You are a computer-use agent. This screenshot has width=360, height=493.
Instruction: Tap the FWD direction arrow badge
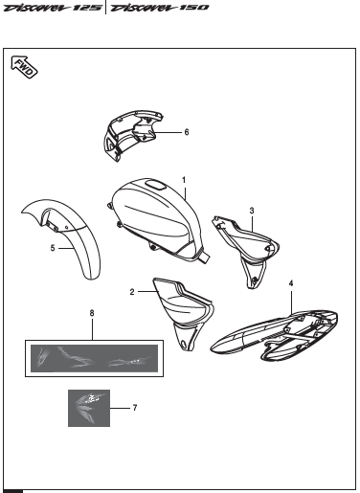[24, 67]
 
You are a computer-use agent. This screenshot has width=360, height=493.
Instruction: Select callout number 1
[182, 179]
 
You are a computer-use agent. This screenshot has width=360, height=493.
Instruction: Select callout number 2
[132, 291]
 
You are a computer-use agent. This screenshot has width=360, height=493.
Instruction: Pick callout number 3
[251, 210]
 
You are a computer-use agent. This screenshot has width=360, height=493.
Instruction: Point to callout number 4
[291, 282]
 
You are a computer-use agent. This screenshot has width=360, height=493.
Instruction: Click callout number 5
[54, 246]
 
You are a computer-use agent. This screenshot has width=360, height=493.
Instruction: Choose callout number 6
[188, 132]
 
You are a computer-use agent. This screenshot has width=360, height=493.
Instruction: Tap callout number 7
[134, 408]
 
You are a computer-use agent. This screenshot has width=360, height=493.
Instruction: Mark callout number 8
[92, 312]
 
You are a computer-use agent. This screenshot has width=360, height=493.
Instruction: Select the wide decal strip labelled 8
[93, 359]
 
